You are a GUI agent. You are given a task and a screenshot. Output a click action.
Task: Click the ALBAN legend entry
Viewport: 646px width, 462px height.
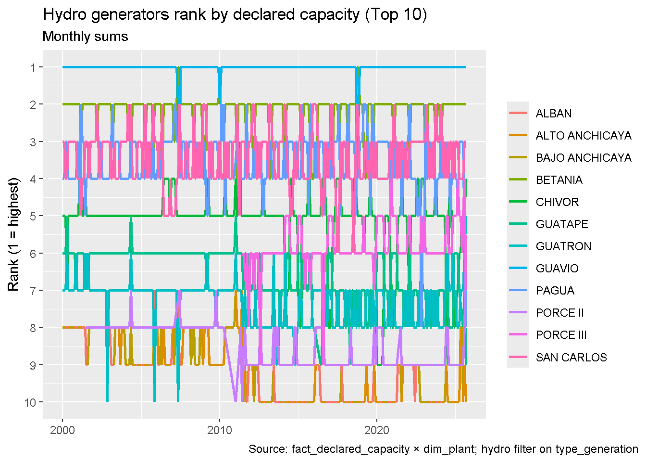click(x=553, y=114)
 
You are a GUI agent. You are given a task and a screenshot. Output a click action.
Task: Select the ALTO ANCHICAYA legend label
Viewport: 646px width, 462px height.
click(x=583, y=136)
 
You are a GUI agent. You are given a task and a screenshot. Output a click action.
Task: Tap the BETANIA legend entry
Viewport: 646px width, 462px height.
click(x=559, y=180)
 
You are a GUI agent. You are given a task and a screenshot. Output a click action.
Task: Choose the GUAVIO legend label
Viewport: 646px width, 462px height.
click(x=557, y=269)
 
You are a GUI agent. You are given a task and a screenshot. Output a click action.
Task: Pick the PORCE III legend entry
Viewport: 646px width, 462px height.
click(x=560, y=335)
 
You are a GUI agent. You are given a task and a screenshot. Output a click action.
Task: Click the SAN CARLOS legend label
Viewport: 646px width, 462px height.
click(x=571, y=357)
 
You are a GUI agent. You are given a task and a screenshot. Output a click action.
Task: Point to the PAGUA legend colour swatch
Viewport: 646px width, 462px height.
click(x=518, y=291)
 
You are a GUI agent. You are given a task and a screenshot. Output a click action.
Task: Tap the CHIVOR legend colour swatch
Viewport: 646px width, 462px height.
click(x=518, y=202)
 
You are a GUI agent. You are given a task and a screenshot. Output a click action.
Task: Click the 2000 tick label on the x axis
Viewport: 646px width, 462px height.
click(x=62, y=429)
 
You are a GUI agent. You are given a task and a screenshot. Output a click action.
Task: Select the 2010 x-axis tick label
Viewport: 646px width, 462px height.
click(x=220, y=429)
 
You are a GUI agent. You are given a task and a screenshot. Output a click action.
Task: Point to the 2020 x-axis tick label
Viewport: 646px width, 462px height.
click(x=377, y=429)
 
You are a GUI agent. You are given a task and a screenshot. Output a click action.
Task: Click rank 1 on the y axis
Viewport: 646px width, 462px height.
click(x=33, y=67)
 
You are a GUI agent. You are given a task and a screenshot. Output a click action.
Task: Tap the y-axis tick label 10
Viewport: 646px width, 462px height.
click(x=30, y=402)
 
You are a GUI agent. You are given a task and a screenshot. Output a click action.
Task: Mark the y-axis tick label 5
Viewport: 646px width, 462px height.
click(x=33, y=216)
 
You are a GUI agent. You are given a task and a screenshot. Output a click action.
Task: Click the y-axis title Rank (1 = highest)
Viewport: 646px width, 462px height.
click(x=13, y=234)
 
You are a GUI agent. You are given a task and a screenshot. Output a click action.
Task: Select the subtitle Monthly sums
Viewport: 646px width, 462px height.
click(x=85, y=37)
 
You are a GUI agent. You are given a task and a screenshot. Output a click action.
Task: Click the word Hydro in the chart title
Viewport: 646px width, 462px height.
click(x=61, y=15)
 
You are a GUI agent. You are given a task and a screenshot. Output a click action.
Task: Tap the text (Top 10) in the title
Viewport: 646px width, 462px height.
click(x=396, y=15)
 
